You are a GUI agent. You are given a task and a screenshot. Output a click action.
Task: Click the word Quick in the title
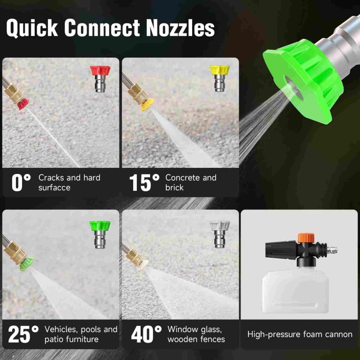point(32,29)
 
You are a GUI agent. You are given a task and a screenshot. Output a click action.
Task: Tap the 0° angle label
point(21,182)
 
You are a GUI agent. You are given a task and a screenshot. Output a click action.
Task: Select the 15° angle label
point(141,182)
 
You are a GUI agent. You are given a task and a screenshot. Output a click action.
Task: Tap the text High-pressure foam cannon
point(300,334)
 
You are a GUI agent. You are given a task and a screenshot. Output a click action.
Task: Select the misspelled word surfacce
point(54,187)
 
